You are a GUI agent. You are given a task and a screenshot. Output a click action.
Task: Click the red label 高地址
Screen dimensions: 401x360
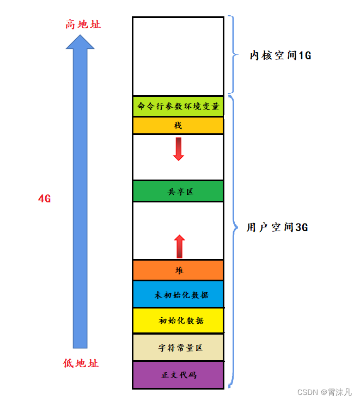[83, 24]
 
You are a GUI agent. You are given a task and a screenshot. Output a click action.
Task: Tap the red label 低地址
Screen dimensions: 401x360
[81, 363]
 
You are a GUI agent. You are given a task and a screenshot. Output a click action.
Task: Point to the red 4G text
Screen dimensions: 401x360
[44, 199]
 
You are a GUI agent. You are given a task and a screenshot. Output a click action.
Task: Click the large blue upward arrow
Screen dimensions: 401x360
[80, 196]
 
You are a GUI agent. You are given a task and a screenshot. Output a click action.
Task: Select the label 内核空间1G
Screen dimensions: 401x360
[280, 55]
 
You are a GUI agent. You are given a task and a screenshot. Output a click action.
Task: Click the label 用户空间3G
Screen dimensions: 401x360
[277, 228]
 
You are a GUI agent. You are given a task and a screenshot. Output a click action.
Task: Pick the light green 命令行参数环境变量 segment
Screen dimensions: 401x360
[178, 106]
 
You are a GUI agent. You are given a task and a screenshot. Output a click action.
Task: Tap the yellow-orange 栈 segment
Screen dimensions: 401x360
[178, 126]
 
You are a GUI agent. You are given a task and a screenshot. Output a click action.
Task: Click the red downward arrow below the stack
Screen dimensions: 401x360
[179, 149]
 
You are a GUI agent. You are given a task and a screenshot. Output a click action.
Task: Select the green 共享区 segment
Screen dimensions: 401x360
[178, 192]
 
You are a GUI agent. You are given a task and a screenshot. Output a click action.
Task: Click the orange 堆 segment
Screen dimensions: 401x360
[178, 270]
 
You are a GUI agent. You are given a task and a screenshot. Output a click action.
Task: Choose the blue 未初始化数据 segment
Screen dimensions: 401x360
[178, 294]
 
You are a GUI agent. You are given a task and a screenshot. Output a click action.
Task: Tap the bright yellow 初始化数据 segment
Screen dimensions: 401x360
[178, 320]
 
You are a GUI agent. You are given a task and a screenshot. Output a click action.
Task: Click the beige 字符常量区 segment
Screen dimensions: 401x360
[178, 348]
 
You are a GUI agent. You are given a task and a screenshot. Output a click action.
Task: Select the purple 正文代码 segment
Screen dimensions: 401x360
[178, 375]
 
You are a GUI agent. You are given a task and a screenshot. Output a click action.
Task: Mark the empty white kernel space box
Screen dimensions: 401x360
[178, 55]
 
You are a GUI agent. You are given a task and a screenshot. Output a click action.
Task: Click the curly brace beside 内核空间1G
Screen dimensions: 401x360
[233, 54]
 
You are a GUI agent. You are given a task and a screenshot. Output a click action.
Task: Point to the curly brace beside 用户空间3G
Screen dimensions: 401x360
[233, 229]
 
